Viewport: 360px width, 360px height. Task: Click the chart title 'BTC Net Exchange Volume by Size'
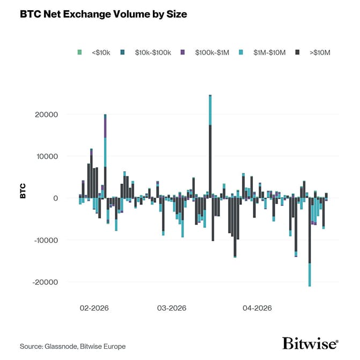(x=104, y=14)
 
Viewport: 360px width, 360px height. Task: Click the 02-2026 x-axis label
(x=94, y=308)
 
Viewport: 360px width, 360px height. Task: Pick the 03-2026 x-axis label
(x=172, y=308)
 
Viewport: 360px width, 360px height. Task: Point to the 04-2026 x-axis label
(x=257, y=308)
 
